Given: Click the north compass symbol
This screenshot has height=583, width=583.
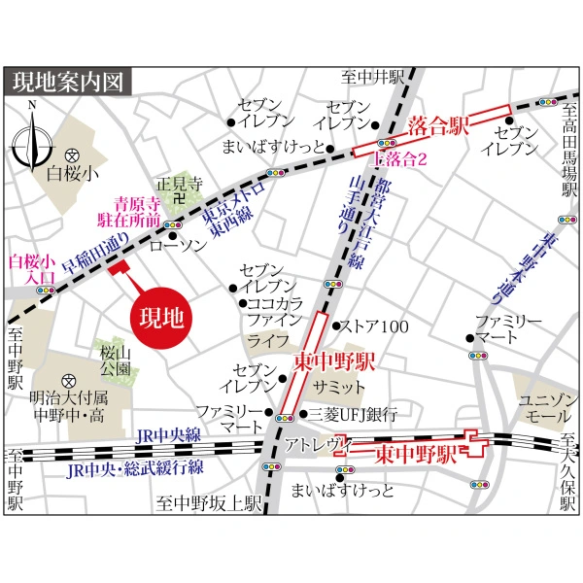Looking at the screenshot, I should pos(32,140).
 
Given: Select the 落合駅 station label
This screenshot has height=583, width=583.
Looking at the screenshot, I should pos(439,122).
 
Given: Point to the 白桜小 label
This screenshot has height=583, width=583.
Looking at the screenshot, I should pos(73,175).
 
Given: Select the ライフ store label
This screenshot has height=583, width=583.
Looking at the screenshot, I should pos(261,340).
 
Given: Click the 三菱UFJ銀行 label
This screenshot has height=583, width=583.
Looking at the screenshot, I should pos(353,414).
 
